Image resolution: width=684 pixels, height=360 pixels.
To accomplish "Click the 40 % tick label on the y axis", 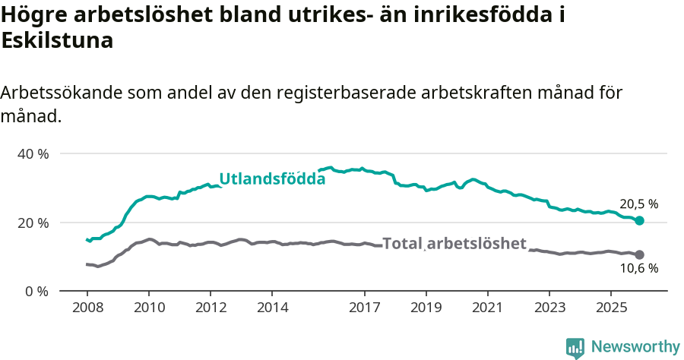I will point(33,153).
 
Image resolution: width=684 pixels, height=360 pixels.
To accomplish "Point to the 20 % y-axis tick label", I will point(33,223).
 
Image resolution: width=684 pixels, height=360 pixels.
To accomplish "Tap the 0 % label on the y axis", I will point(36,291).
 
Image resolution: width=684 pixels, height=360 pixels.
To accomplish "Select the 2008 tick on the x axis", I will point(87,308).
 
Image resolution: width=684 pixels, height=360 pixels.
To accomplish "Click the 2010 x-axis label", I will point(148,308).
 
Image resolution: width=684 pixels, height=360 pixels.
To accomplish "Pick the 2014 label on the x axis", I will point(272,308).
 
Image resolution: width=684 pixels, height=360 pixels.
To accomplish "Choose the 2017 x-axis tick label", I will point(364,308).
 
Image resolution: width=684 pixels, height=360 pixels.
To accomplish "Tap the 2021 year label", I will point(487,308).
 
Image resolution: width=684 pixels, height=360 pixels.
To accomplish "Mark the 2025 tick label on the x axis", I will point(610,308).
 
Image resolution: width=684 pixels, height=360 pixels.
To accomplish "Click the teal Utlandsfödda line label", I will point(272,179).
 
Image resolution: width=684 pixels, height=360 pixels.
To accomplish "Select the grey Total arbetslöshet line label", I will point(454,244).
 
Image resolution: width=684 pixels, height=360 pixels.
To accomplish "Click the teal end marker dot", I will point(639,220).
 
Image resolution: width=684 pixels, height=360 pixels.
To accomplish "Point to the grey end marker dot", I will point(639,254).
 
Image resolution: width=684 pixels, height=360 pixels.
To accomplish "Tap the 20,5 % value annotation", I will point(638,204).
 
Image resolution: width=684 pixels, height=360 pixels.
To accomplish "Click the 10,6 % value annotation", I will point(638,269).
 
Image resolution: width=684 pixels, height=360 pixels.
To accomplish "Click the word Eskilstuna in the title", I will point(58,41).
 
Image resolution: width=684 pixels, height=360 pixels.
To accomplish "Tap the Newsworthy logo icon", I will point(575,348).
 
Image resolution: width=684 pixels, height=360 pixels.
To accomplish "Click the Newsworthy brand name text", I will point(635,347).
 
